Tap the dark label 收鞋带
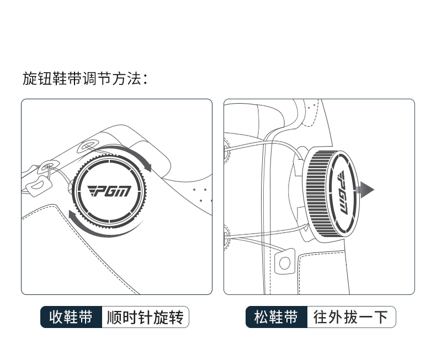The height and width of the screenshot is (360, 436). [71, 318]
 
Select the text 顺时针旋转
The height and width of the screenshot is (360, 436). [145, 318]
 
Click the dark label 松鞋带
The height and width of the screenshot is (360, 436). [276, 318]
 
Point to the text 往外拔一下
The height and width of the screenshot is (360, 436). [351, 318]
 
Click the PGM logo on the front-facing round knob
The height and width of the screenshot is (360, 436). [110, 191]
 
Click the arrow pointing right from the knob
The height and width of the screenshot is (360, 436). [365, 191]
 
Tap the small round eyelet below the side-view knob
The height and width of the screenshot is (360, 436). [284, 262]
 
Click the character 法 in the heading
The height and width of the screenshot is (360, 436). [135, 79]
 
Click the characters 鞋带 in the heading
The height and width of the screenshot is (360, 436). [67, 79]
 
